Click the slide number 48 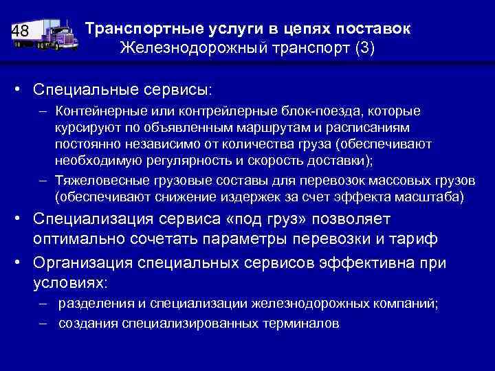pyautogui.click(x=21, y=31)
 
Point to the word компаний pyautogui.click(x=404, y=303)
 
